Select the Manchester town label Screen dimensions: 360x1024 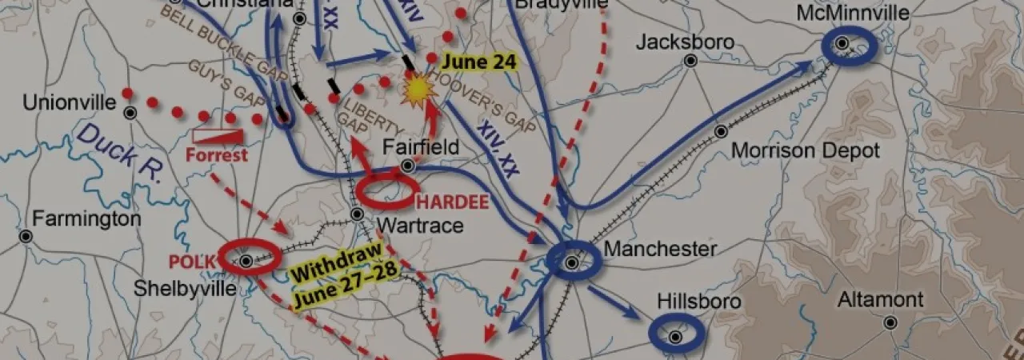point(660,249)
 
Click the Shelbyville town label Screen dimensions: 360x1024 point(197,288)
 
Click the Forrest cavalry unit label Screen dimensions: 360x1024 point(217,154)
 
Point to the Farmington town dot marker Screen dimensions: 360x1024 point(26,236)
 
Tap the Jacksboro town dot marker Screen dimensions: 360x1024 point(690,60)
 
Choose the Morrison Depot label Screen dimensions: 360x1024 point(805,150)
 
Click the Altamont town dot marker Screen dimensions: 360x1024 point(890,322)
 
